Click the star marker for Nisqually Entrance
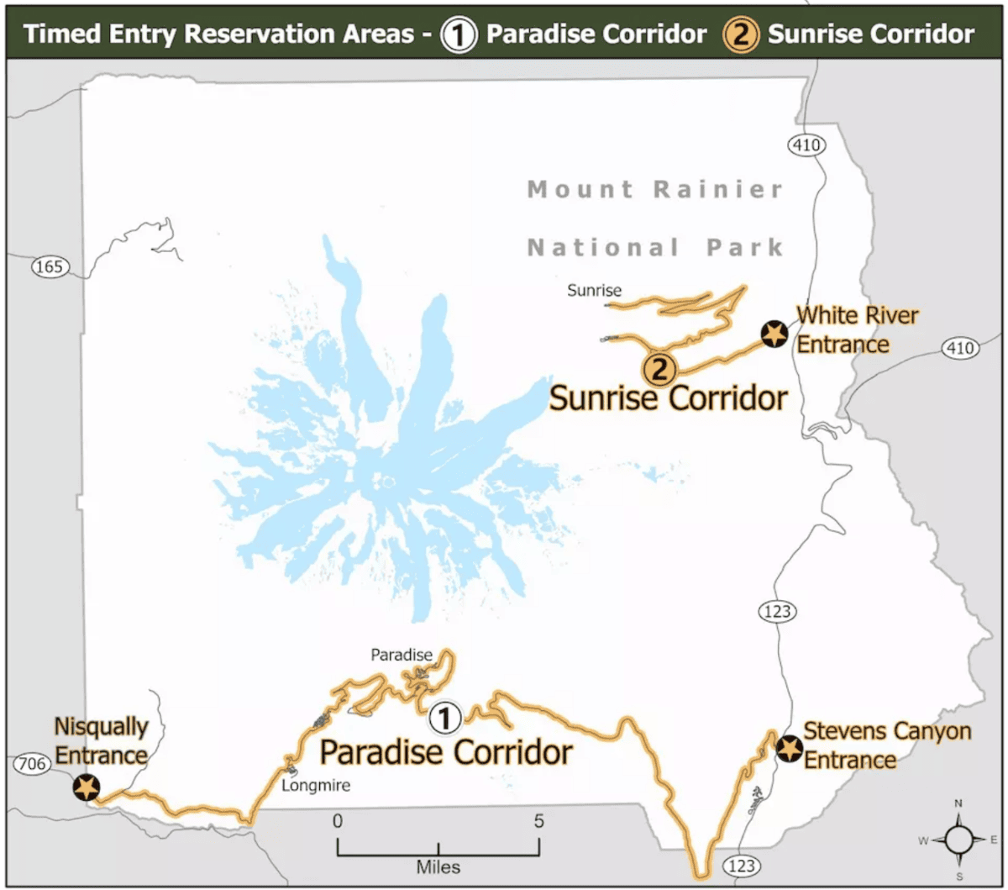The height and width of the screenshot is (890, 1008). (x=86, y=787)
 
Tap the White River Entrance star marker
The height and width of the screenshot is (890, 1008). (x=773, y=334)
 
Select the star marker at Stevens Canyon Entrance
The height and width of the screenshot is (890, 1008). (x=788, y=747)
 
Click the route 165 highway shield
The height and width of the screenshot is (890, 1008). (x=49, y=267)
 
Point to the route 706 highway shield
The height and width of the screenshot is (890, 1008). (x=29, y=764)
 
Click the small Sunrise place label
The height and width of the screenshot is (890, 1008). (x=594, y=292)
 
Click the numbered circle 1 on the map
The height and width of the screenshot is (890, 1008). (x=445, y=718)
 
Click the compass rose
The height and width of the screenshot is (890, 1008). (x=959, y=839)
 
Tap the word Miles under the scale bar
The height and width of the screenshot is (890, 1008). (x=438, y=865)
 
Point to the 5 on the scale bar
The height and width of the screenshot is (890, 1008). (x=538, y=820)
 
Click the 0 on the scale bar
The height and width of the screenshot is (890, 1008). (x=338, y=820)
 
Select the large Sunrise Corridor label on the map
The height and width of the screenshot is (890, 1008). (x=668, y=398)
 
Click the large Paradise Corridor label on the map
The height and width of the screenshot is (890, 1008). (x=445, y=752)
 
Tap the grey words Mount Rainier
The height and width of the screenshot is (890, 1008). (x=655, y=189)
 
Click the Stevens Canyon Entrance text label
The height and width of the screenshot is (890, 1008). (x=886, y=745)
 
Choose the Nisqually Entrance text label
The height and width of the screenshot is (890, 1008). (x=101, y=740)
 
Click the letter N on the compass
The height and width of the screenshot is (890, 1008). (x=959, y=803)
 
